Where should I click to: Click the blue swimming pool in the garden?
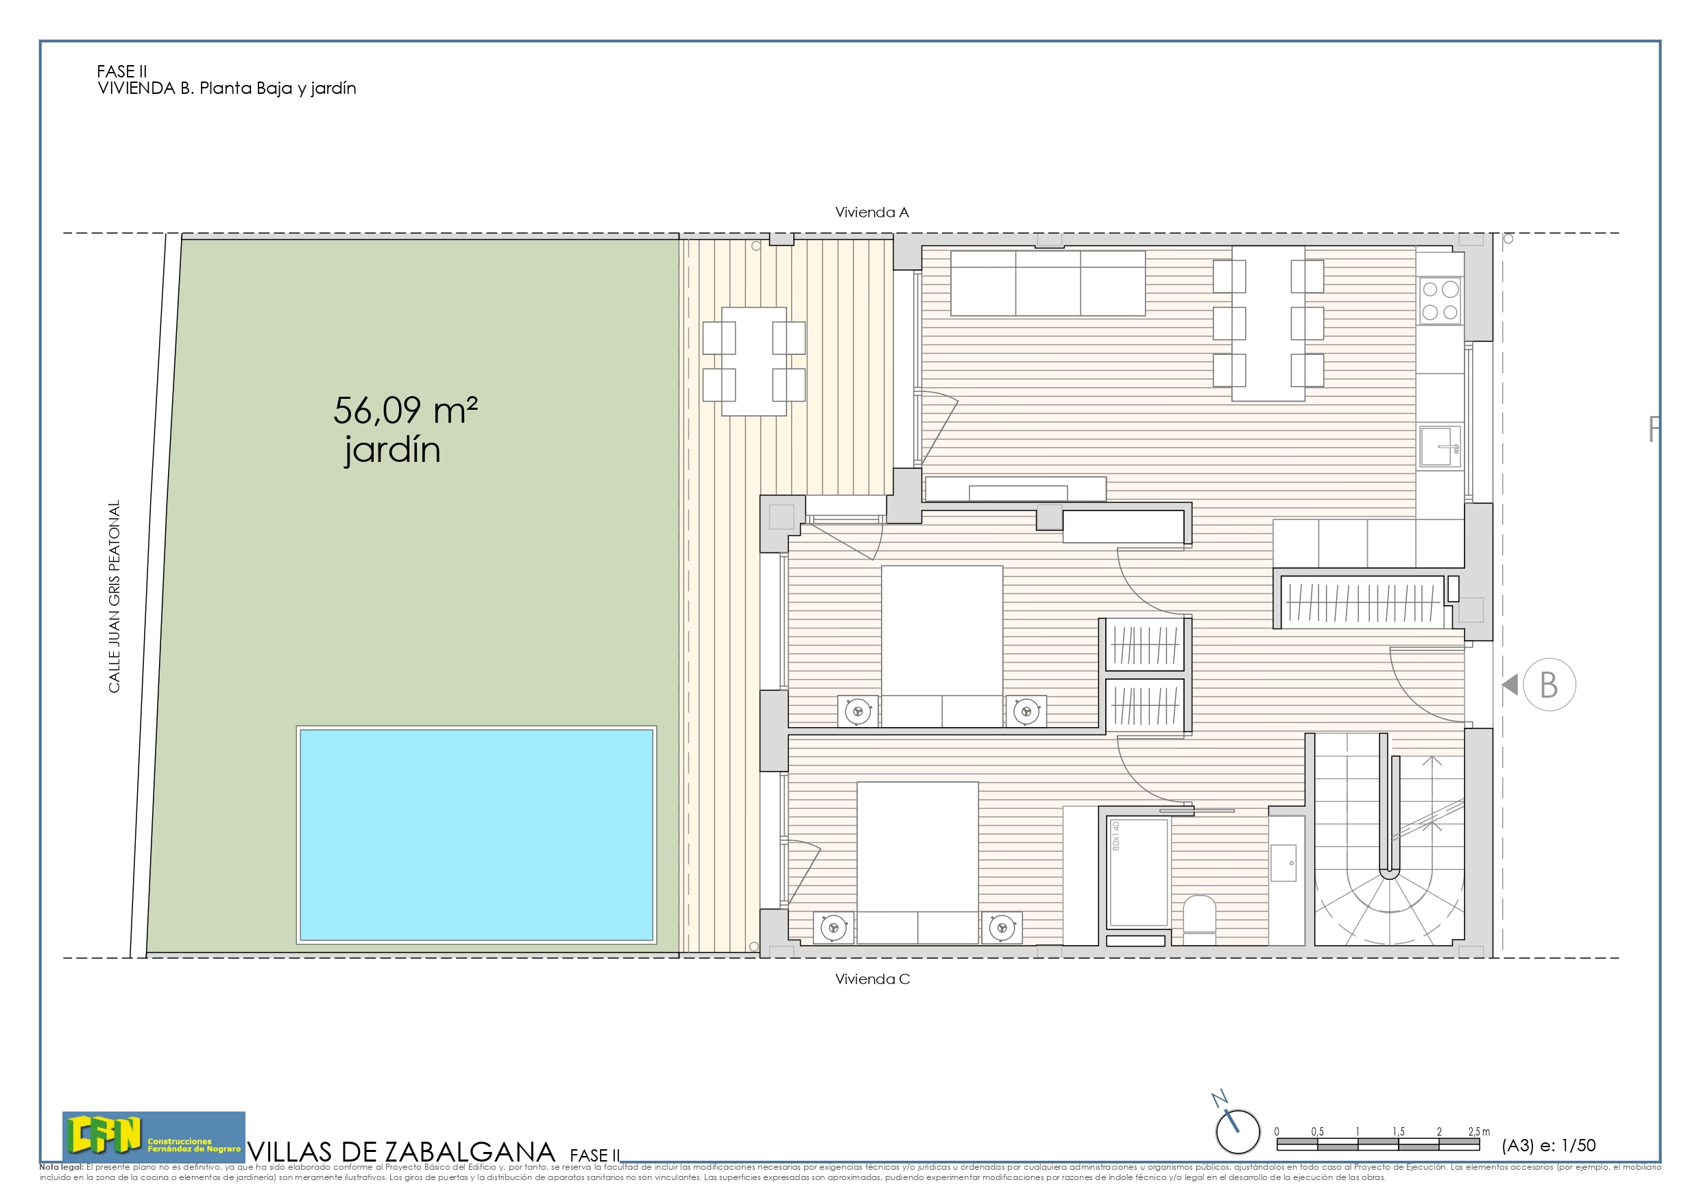tap(476, 835)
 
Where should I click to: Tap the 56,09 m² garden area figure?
tap(405, 411)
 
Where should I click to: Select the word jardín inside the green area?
tap(392, 450)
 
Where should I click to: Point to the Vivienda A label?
tap(871, 212)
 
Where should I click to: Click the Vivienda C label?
tap(872, 979)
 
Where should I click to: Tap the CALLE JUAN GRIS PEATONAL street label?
tap(114, 596)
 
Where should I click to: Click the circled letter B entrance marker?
tap(1548, 685)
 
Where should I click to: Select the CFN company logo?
tap(154, 1137)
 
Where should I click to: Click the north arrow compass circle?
tap(1238, 1132)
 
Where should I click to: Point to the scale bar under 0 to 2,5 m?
tap(1377, 1145)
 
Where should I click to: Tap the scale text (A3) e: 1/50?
tap(1548, 1146)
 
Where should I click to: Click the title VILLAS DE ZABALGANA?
tap(401, 1153)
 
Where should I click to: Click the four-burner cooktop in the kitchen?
tap(1440, 301)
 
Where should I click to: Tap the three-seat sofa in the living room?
tap(1048, 283)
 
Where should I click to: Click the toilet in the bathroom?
tap(1198, 918)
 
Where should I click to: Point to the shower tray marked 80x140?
tap(1139, 872)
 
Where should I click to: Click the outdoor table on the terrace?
tap(753, 361)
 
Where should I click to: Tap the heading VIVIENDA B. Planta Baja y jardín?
tap(227, 88)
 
